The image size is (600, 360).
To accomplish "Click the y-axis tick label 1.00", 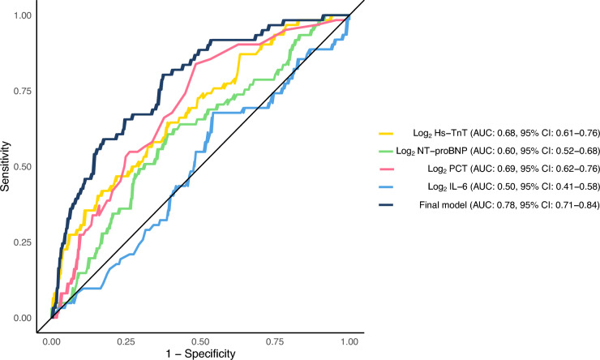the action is [x=23, y=15].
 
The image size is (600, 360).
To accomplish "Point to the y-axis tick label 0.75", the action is [x=23, y=92].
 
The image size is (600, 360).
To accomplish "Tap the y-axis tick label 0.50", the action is [x=23, y=167].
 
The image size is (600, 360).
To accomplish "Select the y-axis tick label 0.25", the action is [x=23, y=243].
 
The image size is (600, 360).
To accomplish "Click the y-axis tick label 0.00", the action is [x=23, y=319].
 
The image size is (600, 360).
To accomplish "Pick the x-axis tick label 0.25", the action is [x=126, y=341].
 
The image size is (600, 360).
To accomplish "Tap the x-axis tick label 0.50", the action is [x=200, y=341].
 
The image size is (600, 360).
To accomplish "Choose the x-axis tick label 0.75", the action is [x=275, y=341].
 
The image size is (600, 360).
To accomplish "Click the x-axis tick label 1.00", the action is [x=349, y=341].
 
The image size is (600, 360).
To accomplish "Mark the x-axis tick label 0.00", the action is [x=51, y=341].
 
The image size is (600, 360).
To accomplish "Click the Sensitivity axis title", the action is [x=6, y=166].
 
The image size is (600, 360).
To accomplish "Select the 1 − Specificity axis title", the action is [x=200, y=354].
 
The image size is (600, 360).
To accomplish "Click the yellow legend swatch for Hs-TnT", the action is [x=386, y=134].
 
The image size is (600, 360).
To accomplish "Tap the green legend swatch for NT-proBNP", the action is [x=386, y=152].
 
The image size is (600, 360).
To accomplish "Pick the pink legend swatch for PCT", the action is [x=386, y=169].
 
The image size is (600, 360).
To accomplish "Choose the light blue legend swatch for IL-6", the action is [x=386, y=187].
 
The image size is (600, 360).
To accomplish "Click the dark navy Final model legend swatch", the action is [x=386, y=205].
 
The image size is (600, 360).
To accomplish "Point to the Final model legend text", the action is [x=509, y=205].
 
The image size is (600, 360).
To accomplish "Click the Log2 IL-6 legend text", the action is [x=513, y=187].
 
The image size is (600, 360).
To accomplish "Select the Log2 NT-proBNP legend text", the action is [x=498, y=152].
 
